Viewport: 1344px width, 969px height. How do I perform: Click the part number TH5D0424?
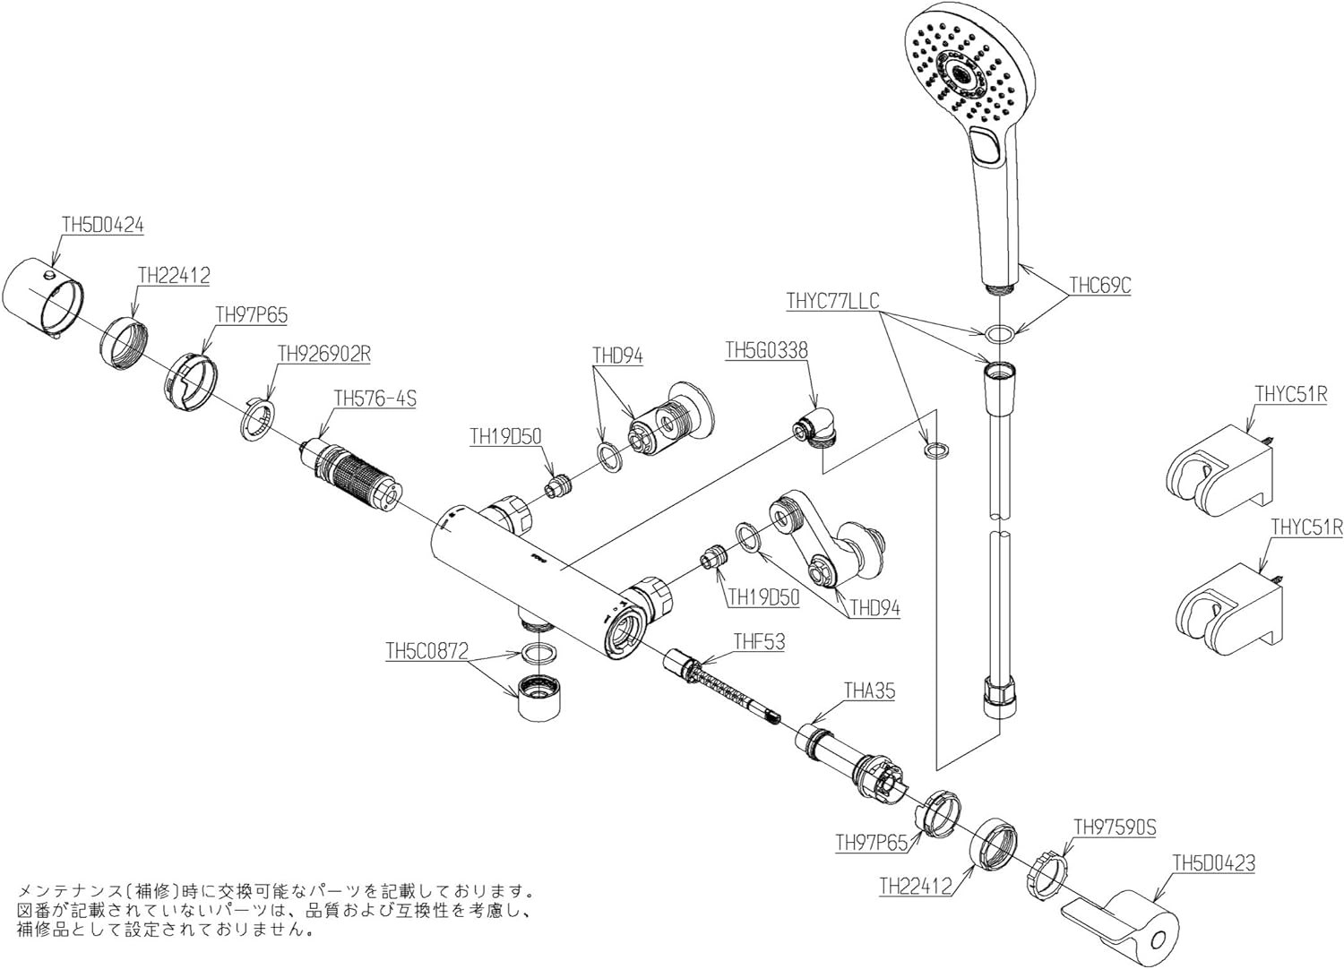[102, 225]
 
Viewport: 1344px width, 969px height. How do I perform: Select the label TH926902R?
[323, 355]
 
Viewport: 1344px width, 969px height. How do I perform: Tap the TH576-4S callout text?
[375, 399]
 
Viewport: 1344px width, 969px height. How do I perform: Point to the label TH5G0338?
[766, 351]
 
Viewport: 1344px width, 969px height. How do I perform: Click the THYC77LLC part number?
[832, 300]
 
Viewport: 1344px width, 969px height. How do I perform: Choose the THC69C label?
[1100, 286]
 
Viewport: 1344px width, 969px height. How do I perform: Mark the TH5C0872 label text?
[427, 652]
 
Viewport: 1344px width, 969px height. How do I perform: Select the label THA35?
[869, 691]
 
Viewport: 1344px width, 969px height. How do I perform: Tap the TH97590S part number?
[1115, 828]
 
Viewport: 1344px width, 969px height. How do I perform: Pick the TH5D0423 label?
[1214, 863]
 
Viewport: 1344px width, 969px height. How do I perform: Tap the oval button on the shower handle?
[987, 145]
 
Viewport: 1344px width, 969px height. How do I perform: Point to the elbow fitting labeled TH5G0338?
[817, 428]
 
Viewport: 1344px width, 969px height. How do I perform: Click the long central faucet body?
[520, 573]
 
